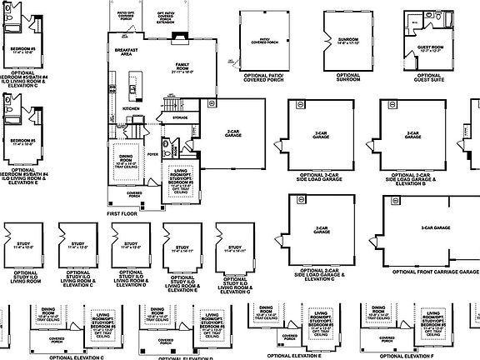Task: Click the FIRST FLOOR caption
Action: (124, 214)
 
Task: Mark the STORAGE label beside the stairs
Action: (180, 118)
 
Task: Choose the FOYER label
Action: (152, 154)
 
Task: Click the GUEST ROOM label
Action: (430, 48)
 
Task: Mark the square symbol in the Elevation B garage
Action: (387, 105)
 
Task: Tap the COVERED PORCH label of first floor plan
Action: (134, 193)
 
